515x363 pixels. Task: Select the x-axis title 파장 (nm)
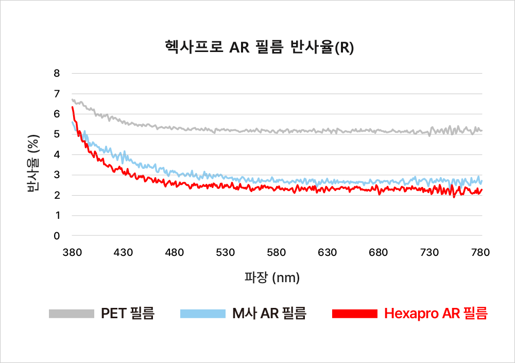click(x=272, y=278)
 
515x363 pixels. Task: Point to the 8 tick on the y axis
click(x=57, y=73)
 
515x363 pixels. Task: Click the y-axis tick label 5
click(x=57, y=134)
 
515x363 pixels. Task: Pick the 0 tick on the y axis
click(x=57, y=236)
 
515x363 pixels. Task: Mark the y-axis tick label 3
click(x=57, y=175)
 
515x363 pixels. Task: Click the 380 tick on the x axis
click(x=72, y=252)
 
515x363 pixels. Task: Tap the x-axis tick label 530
click(x=226, y=252)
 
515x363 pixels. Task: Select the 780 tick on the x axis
click(x=480, y=252)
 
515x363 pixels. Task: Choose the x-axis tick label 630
click(x=328, y=252)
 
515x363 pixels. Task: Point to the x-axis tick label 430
click(x=123, y=252)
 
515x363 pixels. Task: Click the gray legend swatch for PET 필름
click(x=72, y=314)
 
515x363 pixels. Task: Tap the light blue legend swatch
click(x=203, y=314)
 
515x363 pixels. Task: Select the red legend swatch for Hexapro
click(x=355, y=314)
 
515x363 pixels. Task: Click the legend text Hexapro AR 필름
click(x=436, y=314)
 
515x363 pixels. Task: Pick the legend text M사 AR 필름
click(x=269, y=314)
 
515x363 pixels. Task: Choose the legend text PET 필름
click(x=127, y=314)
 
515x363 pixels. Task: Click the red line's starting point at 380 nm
click(x=73, y=107)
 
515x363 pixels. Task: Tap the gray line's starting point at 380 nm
click(x=73, y=99)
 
